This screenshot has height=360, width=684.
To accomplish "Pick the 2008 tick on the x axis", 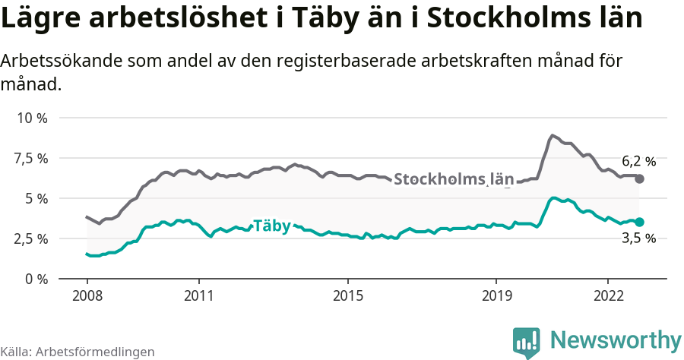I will (x=87, y=295).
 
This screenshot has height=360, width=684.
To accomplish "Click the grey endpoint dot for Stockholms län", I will (x=639, y=179).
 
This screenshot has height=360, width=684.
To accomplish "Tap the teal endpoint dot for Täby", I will (x=639, y=222).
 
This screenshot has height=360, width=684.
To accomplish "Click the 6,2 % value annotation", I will (x=638, y=161).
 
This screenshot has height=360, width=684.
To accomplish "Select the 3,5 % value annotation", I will (x=638, y=238).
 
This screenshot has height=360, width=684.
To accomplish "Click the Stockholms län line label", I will (x=454, y=180).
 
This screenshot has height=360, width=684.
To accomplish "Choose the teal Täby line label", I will (x=271, y=226).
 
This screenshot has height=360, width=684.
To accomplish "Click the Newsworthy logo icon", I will (x=527, y=343).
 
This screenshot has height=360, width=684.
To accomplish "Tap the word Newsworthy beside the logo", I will (x=616, y=339).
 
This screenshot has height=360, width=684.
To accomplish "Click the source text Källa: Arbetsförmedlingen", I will (x=78, y=352).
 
